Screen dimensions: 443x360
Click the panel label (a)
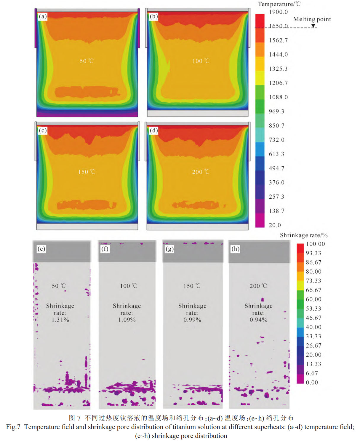tap(43, 16)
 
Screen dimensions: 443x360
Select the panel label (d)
tap(153, 130)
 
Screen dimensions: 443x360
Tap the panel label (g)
tap(169, 249)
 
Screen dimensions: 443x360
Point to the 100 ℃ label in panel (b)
tap(201, 61)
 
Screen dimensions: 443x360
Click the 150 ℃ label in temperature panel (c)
tap(87, 172)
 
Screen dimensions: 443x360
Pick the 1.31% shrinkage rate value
tap(60, 320)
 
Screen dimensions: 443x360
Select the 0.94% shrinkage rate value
tap(258, 320)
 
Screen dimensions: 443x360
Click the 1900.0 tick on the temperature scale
tap(278, 12)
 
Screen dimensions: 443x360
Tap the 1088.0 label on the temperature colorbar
tap(278, 97)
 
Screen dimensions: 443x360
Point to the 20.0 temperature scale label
tap(275, 225)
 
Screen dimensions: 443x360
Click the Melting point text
tap(312, 19)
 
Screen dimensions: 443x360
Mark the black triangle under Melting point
tap(313, 26)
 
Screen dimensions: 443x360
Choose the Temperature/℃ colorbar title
tap(279, 4)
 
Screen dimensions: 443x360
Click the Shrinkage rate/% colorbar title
tap(304, 235)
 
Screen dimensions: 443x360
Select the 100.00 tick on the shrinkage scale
tap(315, 244)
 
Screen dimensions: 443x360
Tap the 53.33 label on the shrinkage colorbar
tap(313, 309)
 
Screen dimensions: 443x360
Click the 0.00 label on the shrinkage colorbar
tap(312, 383)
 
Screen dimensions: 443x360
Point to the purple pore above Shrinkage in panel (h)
tap(262, 299)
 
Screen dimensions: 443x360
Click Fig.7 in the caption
tap(13, 427)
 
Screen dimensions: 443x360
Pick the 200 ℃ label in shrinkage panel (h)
tap(258, 286)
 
